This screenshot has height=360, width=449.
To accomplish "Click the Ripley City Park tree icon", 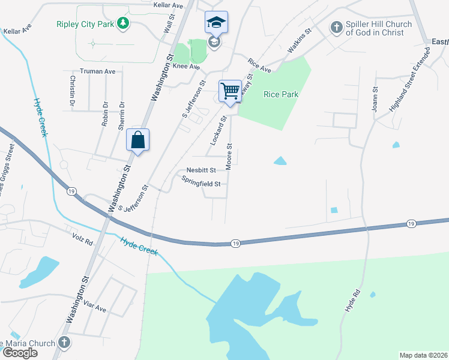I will point(123,23).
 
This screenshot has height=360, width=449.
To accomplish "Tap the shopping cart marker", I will point(230,92).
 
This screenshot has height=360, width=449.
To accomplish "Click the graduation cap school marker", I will point(216,23).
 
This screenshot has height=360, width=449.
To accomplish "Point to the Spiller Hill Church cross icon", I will point(336,28).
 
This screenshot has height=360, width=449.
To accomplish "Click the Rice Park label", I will point(281,94).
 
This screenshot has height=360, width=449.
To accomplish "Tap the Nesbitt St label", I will point(200,170).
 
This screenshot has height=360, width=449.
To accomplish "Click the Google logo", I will point(20,353).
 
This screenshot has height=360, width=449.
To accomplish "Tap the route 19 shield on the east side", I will point(411,223).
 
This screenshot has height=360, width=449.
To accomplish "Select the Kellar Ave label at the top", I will point(167,5).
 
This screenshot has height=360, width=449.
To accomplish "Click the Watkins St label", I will point(301,40).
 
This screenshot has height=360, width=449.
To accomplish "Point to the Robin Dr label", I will point(105,113).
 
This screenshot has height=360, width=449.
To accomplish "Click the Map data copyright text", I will point(423,355).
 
